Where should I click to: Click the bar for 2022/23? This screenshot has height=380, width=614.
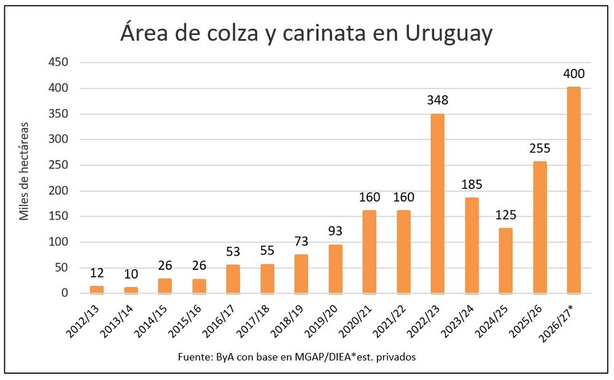pyautogui.click(x=437, y=204)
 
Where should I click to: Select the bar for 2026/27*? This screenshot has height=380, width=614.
pyautogui.click(x=573, y=190)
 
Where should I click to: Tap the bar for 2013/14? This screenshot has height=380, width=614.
pyautogui.click(x=131, y=290)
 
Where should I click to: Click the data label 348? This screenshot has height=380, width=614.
pyautogui.click(x=437, y=100)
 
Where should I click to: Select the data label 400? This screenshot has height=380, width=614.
pyautogui.click(x=573, y=74)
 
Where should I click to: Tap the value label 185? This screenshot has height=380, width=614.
pyautogui.click(x=472, y=183)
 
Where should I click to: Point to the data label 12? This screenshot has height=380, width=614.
pyautogui.click(x=97, y=272)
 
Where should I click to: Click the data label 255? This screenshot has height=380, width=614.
pyautogui.click(x=540, y=148)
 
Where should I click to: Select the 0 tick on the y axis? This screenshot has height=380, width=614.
pyautogui.click(x=64, y=293)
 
